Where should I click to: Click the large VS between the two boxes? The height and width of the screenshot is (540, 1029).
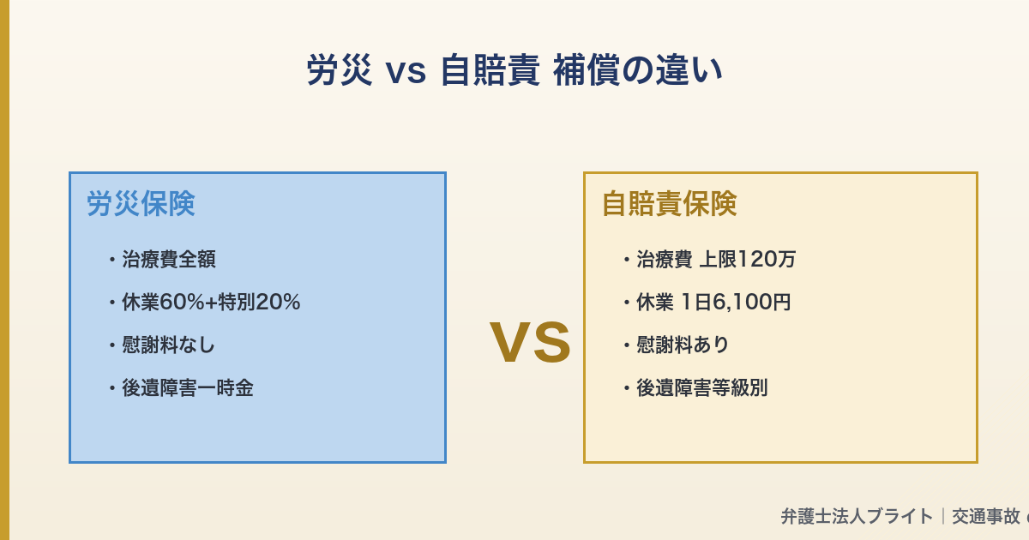tap(530, 343)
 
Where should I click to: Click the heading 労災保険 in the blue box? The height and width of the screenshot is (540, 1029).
tap(141, 204)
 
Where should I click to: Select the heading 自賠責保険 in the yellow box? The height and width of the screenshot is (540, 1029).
tap(669, 204)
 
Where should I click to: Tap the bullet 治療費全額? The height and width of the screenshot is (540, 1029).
tap(168, 259)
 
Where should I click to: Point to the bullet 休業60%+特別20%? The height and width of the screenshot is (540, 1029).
tap(210, 302)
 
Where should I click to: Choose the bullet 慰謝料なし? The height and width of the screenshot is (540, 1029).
tap(168, 345)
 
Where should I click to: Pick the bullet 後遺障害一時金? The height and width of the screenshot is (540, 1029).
tap(187, 387)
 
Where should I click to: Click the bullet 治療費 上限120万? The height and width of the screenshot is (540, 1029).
tap(715, 259)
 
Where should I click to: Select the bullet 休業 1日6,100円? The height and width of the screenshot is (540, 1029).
tap(713, 302)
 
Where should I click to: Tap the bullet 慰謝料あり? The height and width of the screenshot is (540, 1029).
tap(683, 345)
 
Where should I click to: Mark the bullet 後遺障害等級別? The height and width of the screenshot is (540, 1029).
tap(701, 387)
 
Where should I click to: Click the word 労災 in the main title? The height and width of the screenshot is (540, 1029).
tap(340, 70)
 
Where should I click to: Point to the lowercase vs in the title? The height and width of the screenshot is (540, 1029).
tap(406, 72)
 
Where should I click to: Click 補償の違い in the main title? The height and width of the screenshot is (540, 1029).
tap(638, 70)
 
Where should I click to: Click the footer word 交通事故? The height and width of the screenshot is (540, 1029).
tap(986, 516)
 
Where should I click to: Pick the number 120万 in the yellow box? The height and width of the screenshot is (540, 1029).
tap(767, 259)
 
